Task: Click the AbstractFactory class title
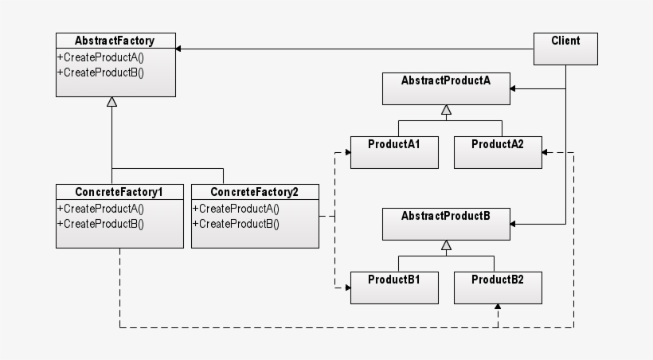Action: tap(115, 41)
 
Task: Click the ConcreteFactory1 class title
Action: tap(119, 192)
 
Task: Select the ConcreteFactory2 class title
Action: tap(254, 192)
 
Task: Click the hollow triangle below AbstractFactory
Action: tap(112, 103)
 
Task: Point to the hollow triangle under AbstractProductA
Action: tap(447, 110)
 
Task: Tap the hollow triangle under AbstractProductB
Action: tap(447, 245)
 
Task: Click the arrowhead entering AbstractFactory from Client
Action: tap(179, 49)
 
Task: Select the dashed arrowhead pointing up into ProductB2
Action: tap(498, 307)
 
